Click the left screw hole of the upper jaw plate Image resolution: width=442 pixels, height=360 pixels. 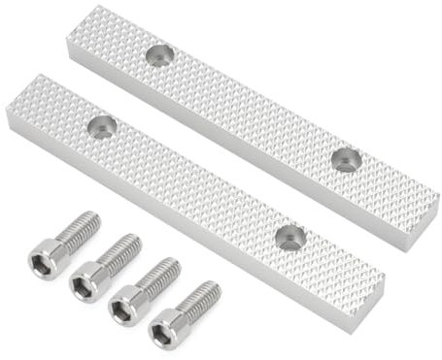(160, 54)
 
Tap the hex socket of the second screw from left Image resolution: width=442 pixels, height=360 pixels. (85, 281)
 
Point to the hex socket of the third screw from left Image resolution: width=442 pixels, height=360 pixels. (124, 309)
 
